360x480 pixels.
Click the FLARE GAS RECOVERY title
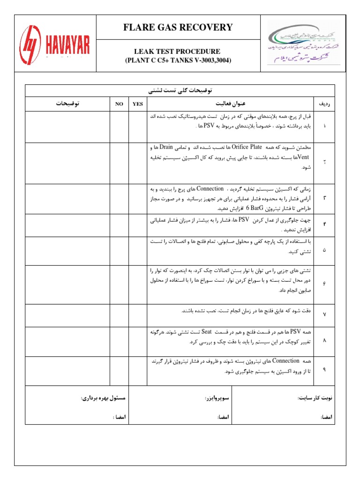coord(178,27)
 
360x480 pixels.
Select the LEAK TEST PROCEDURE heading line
coord(178,52)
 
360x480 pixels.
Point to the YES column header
coord(137,104)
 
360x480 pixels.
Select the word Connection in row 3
coord(211,188)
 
